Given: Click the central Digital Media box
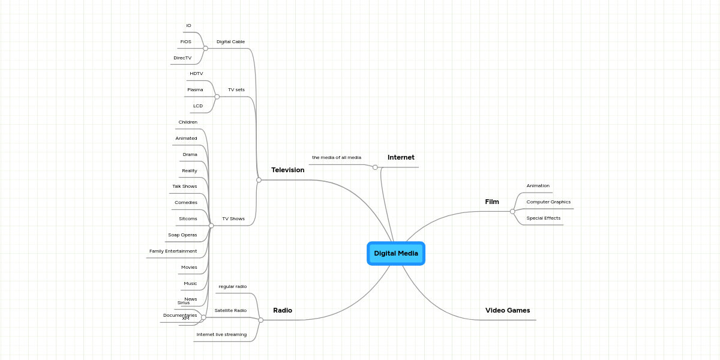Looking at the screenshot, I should tap(396, 253).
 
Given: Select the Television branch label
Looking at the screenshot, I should tap(287, 170).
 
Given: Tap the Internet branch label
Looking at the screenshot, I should tap(401, 157).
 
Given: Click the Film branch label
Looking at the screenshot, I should tap(492, 202).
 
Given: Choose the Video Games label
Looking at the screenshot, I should tap(508, 310).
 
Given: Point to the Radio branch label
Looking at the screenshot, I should tap(283, 310).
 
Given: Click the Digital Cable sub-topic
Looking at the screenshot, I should tap(230, 41).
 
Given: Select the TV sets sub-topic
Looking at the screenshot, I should tap(236, 89).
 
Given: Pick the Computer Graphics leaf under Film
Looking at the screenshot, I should tap(548, 202).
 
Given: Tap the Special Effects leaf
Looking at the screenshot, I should tap(544, 218).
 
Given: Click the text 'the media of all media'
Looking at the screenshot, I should tap(337, 157).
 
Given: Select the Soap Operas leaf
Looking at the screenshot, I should tap(182, 235).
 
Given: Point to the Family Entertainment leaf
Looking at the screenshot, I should tap(173, 251).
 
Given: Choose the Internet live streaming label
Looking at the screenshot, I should tap(221, 334).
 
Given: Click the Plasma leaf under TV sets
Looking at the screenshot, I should tap(195, 89).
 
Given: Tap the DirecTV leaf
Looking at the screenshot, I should tap(182, 58).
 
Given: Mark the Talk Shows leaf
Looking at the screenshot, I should tap(185, 186).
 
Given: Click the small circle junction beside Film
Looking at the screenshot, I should tap(512, 211).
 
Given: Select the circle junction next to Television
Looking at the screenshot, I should tap(259, 180).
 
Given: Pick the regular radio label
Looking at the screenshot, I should tap(232, 286).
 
